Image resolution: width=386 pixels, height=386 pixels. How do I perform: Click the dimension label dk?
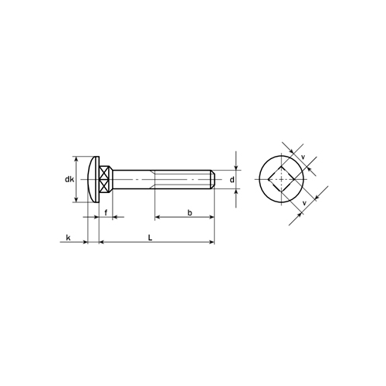69,179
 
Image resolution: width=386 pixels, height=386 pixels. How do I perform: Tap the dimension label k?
68,238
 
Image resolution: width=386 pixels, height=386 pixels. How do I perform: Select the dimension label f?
106,213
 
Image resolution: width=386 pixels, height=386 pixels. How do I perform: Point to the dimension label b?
190,213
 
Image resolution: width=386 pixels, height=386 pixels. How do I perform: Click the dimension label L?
151,238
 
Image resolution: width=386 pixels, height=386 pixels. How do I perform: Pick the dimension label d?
232,180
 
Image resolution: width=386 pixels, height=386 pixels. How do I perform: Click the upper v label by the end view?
303,157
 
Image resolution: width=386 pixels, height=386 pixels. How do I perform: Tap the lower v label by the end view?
304,203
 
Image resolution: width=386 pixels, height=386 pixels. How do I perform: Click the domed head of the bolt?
93,179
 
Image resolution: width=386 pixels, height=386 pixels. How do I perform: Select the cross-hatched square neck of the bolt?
106,179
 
